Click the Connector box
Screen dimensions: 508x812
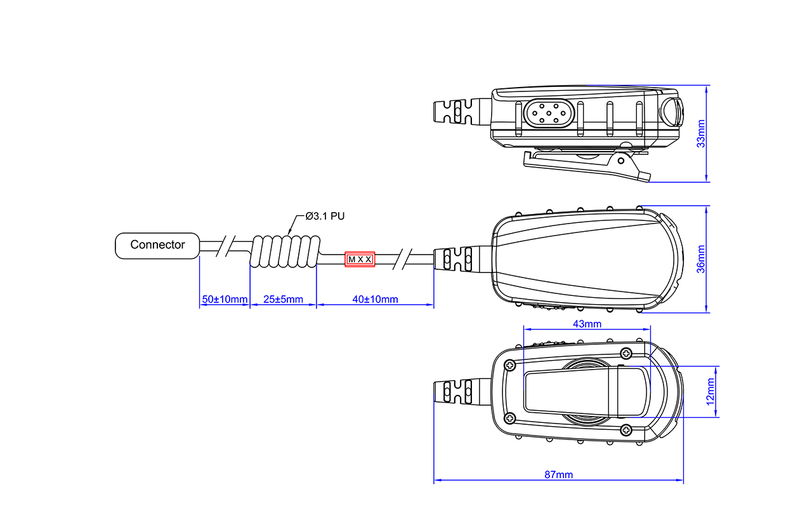157,245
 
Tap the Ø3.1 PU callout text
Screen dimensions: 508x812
324,216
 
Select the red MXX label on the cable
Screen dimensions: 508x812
360,260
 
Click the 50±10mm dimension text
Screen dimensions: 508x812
225,299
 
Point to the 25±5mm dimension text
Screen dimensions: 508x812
283,299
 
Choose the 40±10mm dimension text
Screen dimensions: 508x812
375,299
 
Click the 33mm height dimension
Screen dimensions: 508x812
700,133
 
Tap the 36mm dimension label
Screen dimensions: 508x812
700,258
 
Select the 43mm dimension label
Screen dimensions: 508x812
587,324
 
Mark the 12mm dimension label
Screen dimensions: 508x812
710,391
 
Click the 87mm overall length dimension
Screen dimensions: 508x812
558,475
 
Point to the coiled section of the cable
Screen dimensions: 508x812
286,250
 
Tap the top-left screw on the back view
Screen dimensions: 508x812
509,365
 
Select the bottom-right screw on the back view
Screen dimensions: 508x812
626,430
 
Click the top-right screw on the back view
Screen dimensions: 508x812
626,353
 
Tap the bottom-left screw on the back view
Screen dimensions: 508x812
509,418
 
